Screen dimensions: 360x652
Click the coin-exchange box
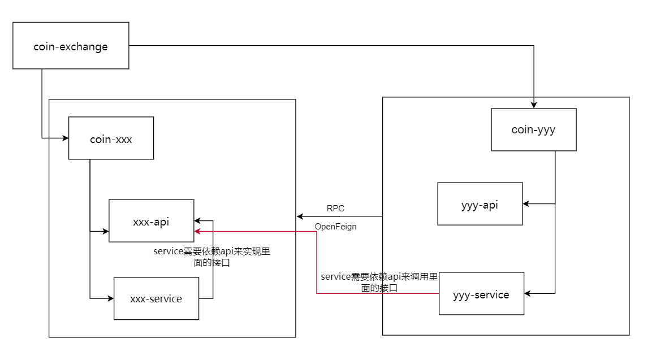71,46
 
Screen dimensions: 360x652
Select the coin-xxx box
111,138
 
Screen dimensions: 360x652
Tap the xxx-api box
151,221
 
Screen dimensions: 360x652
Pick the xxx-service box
156,298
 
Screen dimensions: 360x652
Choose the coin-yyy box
533,130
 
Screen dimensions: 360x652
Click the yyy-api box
480,204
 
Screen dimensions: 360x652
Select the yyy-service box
481,294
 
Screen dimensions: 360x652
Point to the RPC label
335,209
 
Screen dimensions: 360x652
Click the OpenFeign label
336,227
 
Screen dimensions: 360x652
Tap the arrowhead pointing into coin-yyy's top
533,105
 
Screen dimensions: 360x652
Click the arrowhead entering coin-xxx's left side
65,137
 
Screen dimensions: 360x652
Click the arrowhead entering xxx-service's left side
110,298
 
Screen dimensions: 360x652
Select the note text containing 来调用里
379,282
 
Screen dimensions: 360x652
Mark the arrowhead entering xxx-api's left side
105,231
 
